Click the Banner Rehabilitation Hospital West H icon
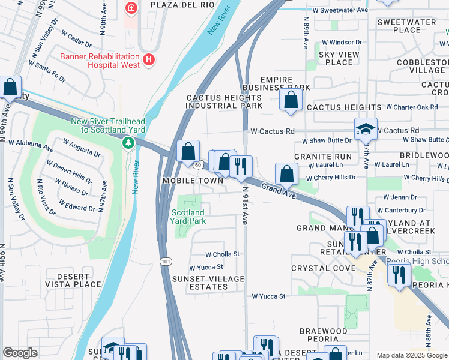(149, 61)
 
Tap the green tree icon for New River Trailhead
(128, 143)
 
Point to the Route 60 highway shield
(197, 164)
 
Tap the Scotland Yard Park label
(188, 217)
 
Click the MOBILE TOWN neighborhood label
(188, 181)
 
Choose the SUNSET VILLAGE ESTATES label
(208, 283)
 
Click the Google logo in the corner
(20, 353)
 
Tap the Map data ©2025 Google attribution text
(411, 355)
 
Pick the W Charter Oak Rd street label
(411, 107)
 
